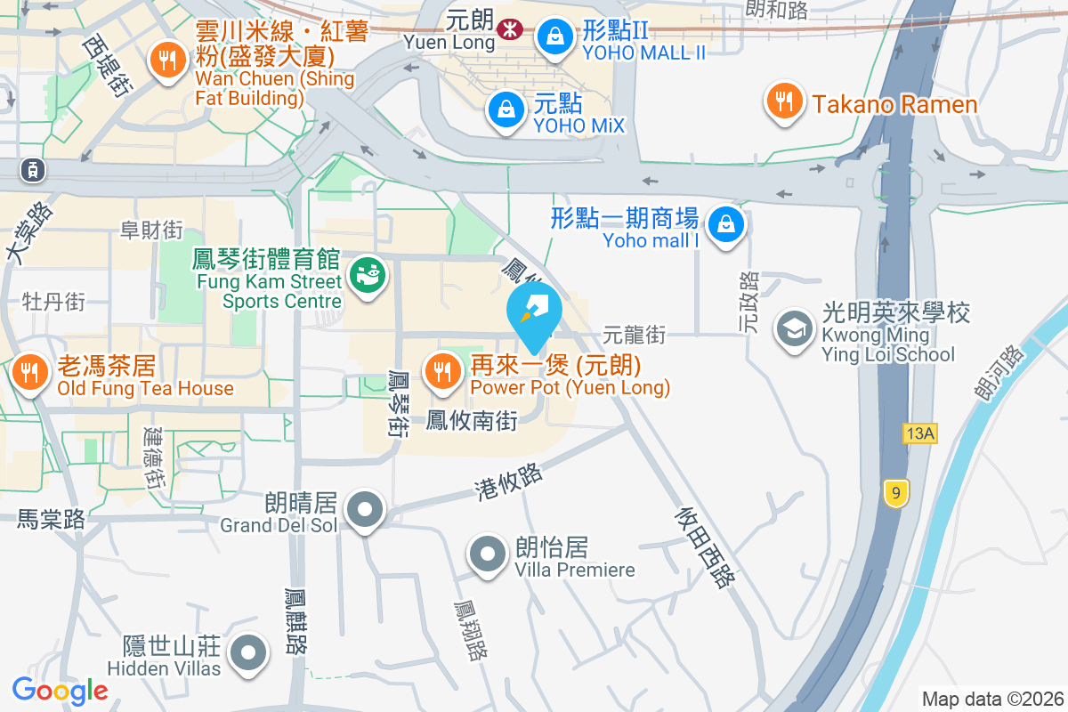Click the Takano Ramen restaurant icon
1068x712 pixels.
pos(784,103)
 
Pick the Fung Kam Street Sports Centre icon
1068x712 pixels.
pos(367,275)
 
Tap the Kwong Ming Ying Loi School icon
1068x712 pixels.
pos(792,329)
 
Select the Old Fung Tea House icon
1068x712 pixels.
pos(30,373)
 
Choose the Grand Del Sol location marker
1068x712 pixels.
pos(365,511)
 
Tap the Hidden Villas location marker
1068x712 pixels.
pos(248,654)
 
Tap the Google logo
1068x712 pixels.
pos(60,690)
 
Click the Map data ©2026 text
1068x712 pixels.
pos(992,699)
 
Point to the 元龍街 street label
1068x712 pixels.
pos(634,336)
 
